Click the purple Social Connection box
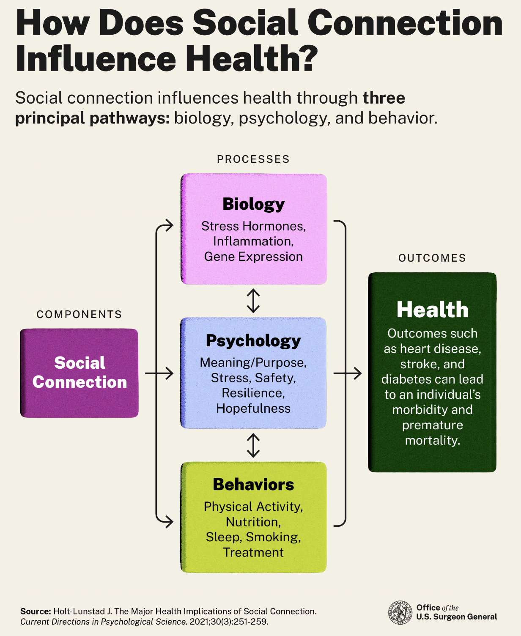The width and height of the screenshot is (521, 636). click(80, 373)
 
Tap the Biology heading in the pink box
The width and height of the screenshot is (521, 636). click(253, 204)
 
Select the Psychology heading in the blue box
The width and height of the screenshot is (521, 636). click(253, 340)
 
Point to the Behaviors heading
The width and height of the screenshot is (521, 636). click(253, 485)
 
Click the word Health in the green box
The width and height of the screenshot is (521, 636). click(432, 310)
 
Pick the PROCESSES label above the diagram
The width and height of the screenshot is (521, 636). click(253, 159)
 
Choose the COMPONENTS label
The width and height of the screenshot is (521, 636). click(79, 315)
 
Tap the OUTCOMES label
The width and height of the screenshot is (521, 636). click(432, 258)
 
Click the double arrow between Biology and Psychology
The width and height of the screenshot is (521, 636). click(253, 301)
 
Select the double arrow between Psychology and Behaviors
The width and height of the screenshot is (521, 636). click(253, 445)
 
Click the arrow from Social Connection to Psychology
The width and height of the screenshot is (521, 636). click(159, 373)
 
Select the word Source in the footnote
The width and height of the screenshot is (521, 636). click(36, 611)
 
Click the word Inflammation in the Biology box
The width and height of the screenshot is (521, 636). click(253, 241)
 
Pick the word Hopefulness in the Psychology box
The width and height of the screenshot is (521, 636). click(253, 408)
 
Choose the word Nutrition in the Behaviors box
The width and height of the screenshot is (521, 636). click(253, 522)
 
